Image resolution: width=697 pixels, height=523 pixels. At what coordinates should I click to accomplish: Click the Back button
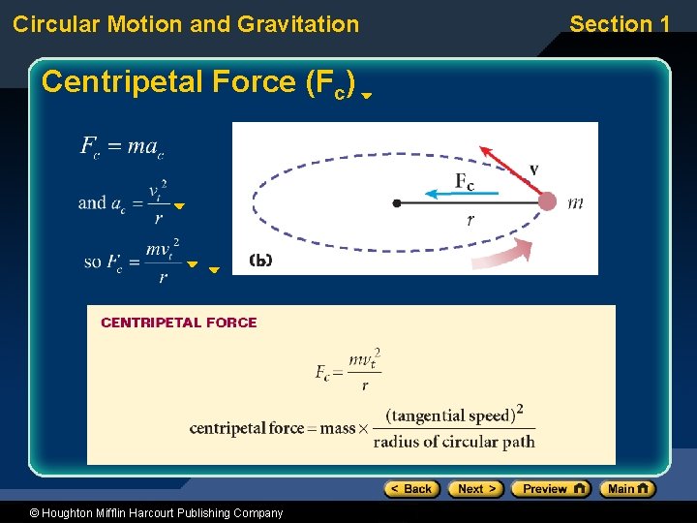click(411, 489)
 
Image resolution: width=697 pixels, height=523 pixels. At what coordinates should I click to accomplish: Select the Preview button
click(550, 489)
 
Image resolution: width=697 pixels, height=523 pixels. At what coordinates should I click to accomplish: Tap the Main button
click(627, 489)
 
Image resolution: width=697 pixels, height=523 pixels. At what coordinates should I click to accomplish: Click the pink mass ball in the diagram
click(547, 201)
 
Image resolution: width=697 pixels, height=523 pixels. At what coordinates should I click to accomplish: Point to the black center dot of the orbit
click(397, 202)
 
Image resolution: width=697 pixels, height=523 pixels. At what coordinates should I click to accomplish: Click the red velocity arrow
click(502, 163)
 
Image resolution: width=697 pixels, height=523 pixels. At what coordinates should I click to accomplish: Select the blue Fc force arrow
click(463, 194)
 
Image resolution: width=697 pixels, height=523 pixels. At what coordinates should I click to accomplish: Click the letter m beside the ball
click(575, 202)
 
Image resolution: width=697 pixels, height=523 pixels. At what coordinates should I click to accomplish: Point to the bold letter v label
click(533, 169)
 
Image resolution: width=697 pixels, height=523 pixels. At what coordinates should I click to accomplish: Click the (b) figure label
click(260, 260)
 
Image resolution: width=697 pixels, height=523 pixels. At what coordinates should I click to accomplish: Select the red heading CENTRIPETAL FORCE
click(179, 323)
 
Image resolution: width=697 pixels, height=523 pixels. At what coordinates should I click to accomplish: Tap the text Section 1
click(620, 24)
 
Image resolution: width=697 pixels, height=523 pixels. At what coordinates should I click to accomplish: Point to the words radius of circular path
click(454, 442)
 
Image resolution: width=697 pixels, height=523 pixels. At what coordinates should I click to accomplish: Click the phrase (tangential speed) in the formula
click(450, 416)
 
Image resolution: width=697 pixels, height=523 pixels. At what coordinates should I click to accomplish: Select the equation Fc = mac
click(122, 147)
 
